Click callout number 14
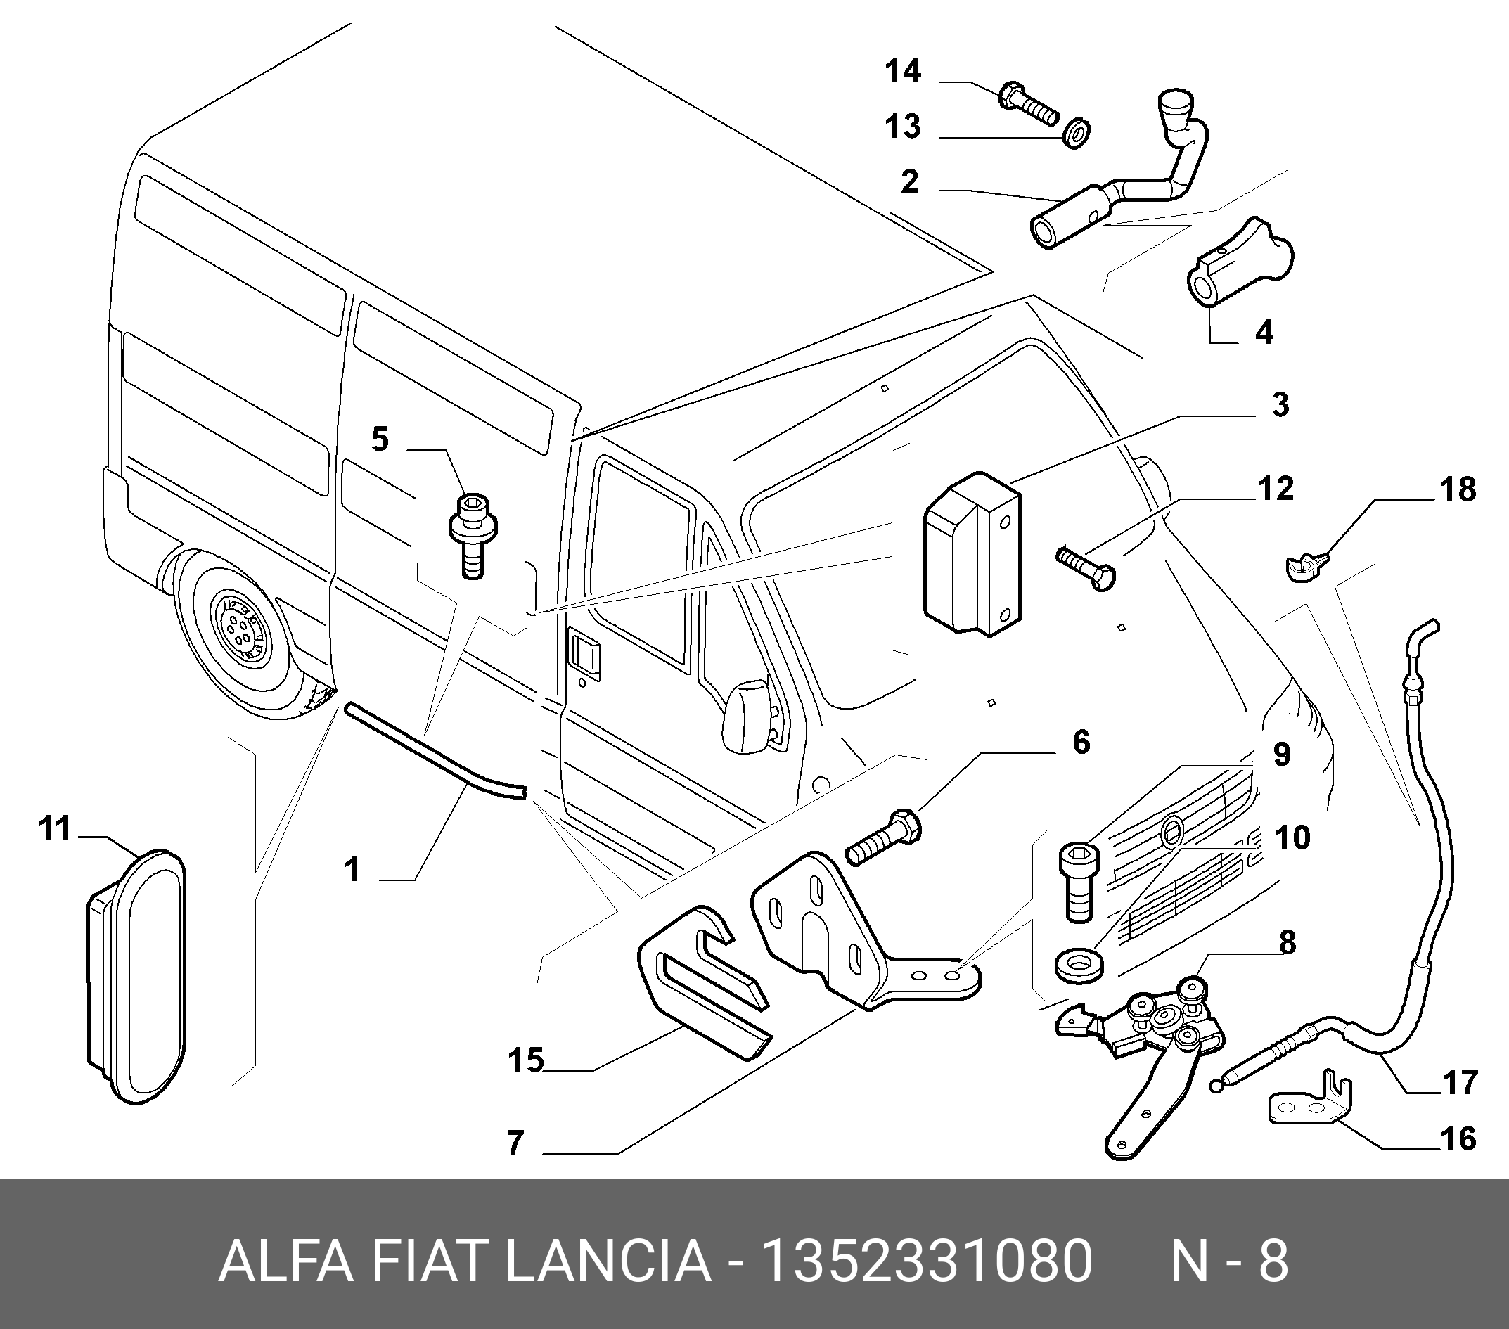click(x=904, y=72)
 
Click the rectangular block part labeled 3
click(x=972, y=552)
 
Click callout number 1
click(x=352, y=869)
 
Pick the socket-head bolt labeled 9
click(x=1079, y=883)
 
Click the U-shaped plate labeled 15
click(x=705, y=982)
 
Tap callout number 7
click(x=515, y=1142)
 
